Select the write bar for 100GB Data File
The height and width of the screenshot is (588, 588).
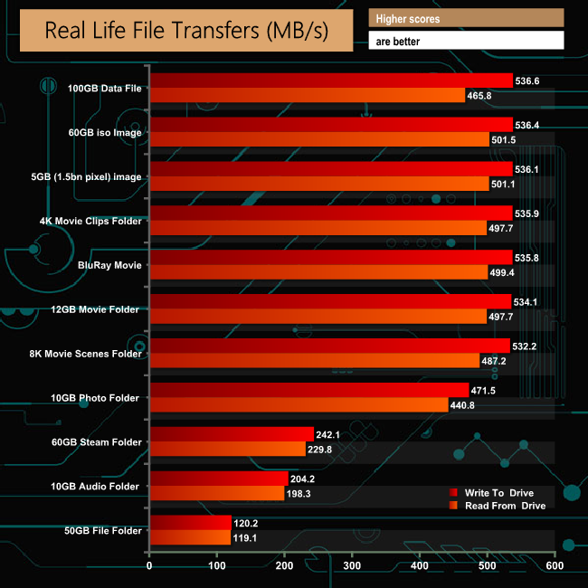pyautogui.click(x=331, y=81)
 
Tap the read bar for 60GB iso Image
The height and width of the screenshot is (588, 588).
pyautogui.click(x=319, y=139)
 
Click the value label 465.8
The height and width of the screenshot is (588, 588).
pyautogui.click(x=484, y=96)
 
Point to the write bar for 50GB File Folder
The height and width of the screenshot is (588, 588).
pyautogui.click(x=190, y=523)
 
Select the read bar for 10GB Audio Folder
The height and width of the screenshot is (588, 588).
pyautogui.click(x=217, y=494)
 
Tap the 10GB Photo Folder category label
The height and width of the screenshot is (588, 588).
pyautogui.click(x=102, y=398)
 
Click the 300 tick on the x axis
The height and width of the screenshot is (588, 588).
pyautogui.click(x=352, y=567)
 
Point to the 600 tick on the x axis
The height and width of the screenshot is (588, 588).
pyautogui.click(x=555, y=567)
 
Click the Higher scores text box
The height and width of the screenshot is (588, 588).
pyautogui.click(x=466, y=18)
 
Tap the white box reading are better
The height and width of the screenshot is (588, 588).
pyautogui.click(x=466, y=41)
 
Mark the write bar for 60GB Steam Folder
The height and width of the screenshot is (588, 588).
pyautogui.click(x=232, y=434)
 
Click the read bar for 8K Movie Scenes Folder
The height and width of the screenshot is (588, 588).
pyautogui.click(x=314, y=361)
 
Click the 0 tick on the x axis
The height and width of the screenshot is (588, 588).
pyautogui.click(x=149, y=567)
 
